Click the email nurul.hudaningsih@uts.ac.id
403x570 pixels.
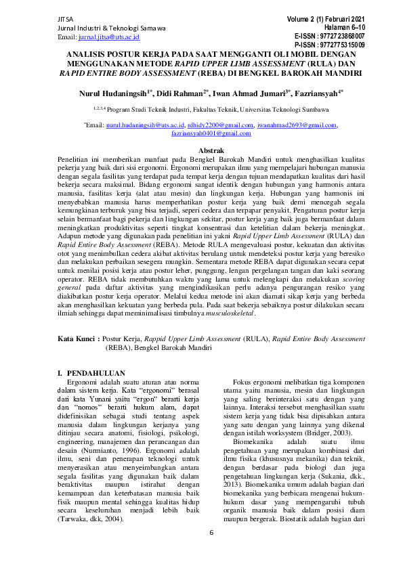[x=145, y=125]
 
